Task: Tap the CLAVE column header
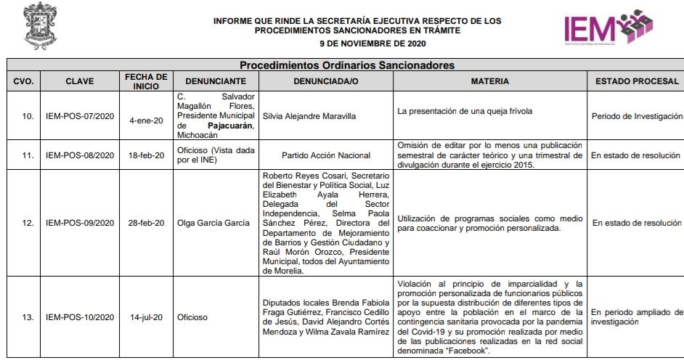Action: (x=79, y=81)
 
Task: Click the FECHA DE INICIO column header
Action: (x=146, y=81)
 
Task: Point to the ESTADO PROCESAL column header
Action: (x=637, y=81)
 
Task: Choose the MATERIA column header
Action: (x=489, y=81)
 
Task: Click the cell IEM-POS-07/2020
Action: (x=80, y=116)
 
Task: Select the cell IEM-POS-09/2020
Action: (x=80, y=223)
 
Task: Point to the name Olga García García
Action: (x=213, y=223)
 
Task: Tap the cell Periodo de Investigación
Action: (x=637, y=116)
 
